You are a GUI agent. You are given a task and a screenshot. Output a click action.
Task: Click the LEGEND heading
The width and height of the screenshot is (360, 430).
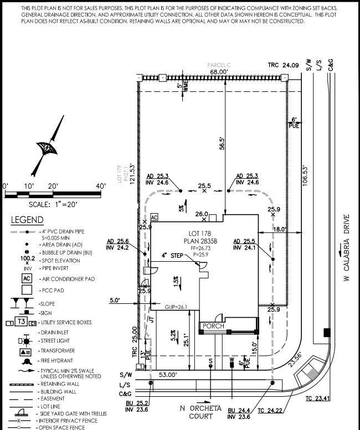27,220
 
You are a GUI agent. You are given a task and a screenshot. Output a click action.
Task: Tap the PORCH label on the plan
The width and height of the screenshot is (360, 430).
213,326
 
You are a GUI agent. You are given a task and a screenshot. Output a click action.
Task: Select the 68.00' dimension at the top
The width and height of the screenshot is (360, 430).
219,72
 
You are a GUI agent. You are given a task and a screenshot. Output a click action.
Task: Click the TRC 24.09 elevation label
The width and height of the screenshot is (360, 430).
283,65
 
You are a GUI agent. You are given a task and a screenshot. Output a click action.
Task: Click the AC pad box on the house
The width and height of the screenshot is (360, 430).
155,217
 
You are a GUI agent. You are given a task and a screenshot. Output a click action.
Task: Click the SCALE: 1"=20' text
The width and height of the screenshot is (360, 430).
45,204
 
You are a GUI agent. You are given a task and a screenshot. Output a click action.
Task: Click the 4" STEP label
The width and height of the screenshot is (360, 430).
172,256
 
